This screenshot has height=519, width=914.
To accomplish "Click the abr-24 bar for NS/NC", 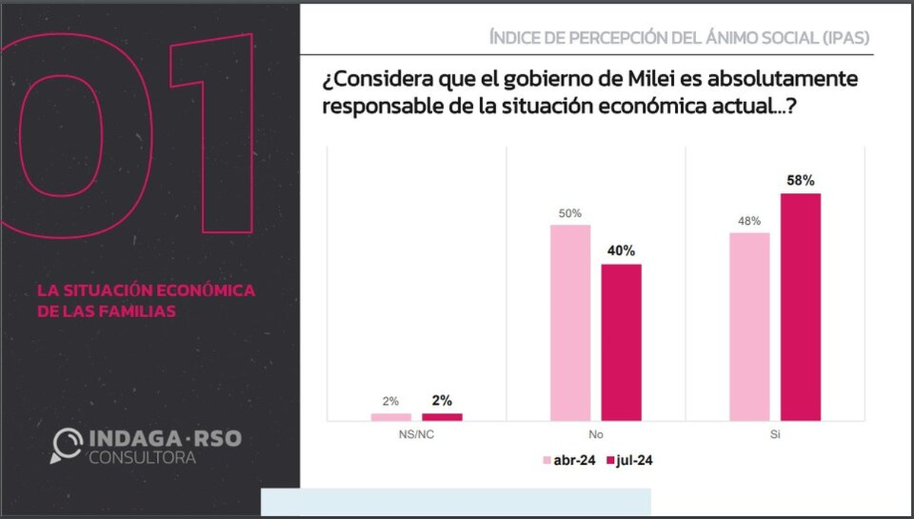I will (x=391, y=417).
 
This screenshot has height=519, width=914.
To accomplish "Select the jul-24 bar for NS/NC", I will (x=442, y=417).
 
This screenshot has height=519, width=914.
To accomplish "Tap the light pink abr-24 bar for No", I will (x=570, y=322).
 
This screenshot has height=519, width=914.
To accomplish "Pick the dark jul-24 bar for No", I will (x=622, y=342).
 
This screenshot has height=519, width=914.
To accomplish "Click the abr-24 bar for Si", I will (x=749, y=326).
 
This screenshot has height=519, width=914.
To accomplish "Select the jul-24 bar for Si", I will (x=801, y=306).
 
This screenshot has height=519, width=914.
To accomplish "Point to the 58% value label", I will (x=801, y=181).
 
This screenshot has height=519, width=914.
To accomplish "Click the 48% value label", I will (x=749, y=221).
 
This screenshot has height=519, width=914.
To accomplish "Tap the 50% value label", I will (x=570, y=213).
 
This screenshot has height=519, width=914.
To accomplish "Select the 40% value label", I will (x=622, y=251).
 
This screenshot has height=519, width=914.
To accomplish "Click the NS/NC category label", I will (x=416, y=437).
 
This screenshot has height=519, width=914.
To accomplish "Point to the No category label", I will (x=596, y=437).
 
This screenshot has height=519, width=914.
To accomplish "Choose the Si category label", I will (x=775, y=437).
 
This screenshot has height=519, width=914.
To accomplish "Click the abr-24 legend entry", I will (x=567, y=460).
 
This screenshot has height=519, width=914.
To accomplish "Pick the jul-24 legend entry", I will (x=628, y=460).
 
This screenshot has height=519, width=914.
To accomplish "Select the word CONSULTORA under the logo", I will (x=142, y=457).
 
